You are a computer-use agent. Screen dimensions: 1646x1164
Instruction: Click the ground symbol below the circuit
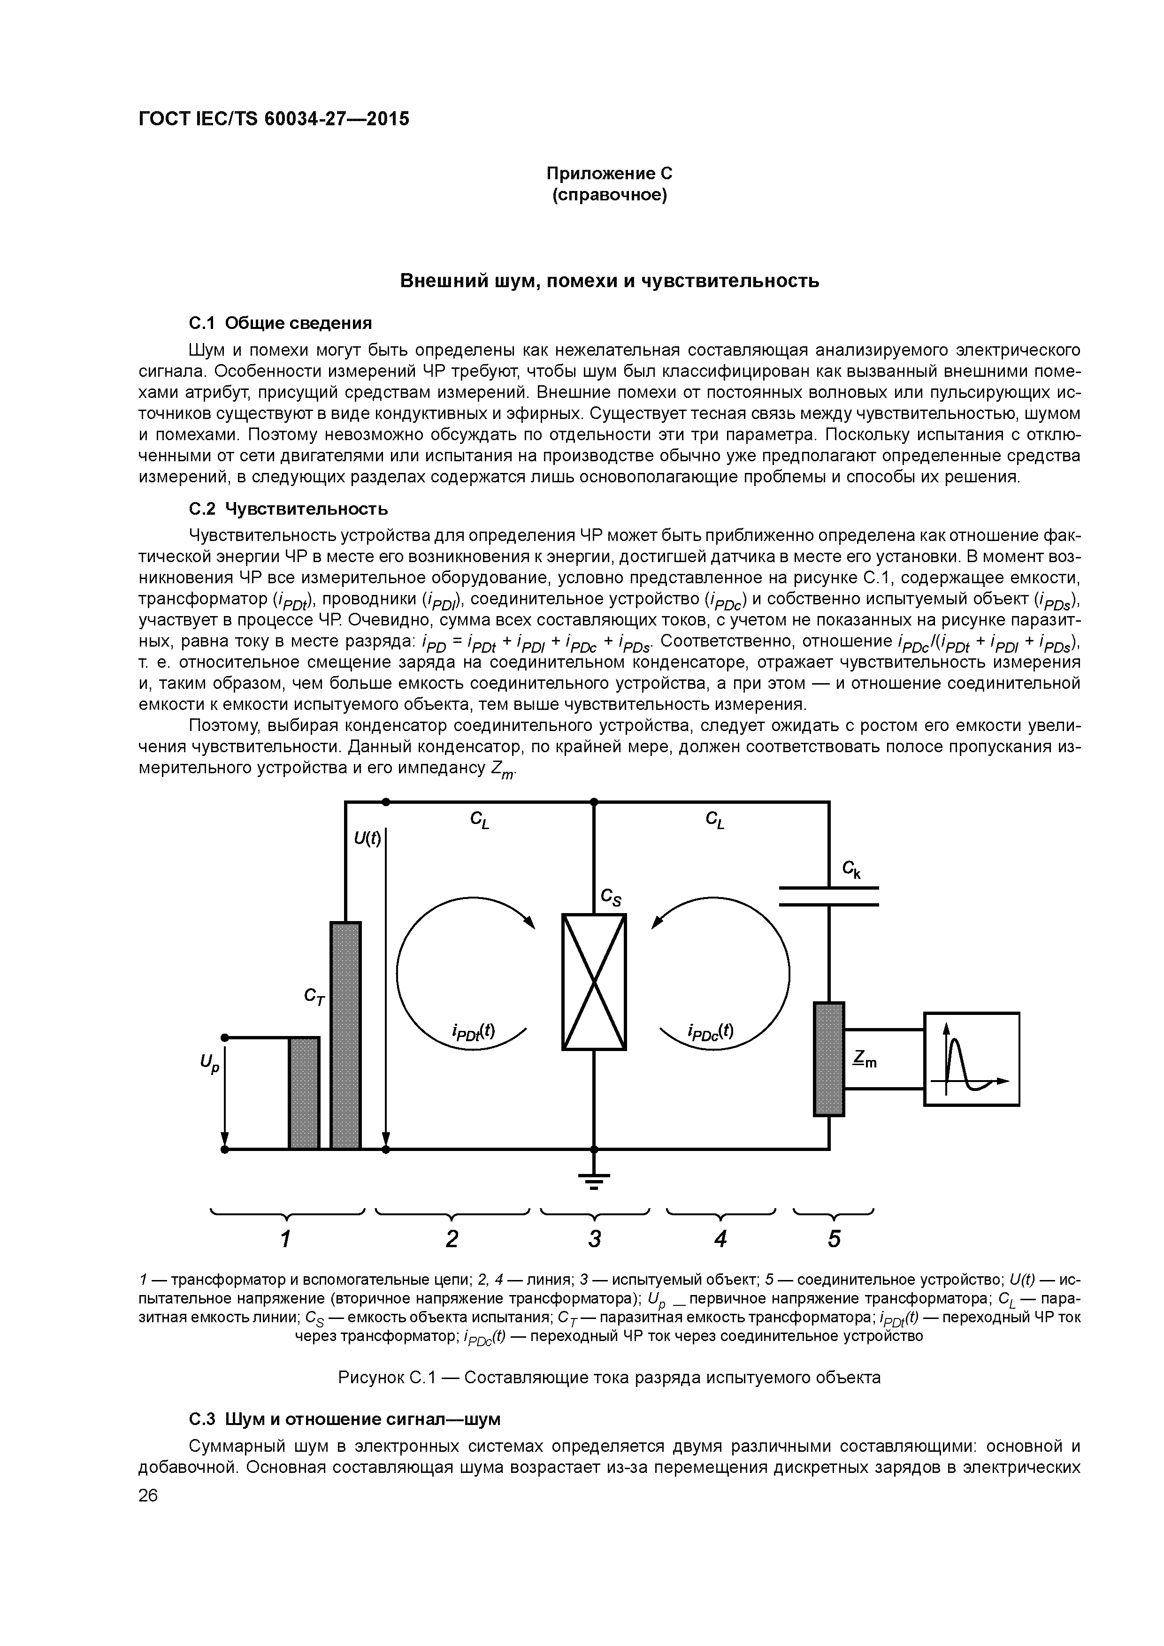tap(594, 1179)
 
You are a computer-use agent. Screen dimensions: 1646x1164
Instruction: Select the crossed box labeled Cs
tap(594, 982)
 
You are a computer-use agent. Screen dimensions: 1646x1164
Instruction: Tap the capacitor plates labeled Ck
tap(828, 896)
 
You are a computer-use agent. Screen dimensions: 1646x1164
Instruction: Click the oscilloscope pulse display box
tap(971, 1059)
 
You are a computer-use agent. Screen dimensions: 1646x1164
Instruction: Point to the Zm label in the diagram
tap(865, 1059)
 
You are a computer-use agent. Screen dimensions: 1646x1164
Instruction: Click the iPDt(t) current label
tap(474, 1031)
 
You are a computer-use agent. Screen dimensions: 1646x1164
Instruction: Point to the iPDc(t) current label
tap(710, 1031)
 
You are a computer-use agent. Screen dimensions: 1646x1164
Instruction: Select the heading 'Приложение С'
tap(610, 174)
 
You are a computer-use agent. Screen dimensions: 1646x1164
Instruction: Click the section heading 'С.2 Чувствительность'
tap(288, 509)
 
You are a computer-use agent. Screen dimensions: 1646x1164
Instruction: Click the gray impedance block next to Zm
tap(828, 1059)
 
